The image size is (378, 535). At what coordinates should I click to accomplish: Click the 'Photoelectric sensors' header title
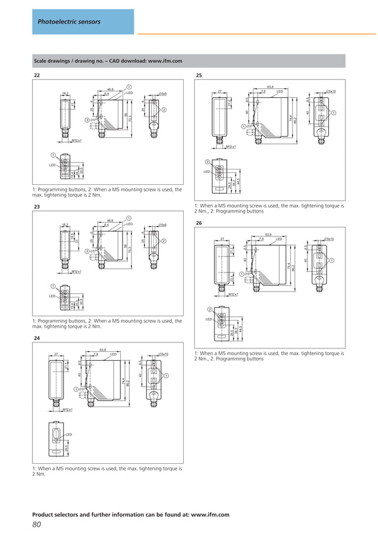69,22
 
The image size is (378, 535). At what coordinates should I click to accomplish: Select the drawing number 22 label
37,76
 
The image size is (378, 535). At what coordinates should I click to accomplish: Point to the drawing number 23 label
37,207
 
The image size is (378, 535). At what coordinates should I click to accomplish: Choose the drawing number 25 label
199,76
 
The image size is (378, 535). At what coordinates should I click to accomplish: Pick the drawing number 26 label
199,223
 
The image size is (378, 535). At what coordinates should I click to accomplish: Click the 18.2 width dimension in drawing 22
65,93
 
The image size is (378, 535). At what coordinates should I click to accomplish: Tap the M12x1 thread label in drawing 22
76,140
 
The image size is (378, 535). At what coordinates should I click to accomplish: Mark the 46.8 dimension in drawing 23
110,220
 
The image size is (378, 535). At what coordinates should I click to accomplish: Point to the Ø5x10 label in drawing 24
163,354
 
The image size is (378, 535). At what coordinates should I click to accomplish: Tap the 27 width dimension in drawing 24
56,354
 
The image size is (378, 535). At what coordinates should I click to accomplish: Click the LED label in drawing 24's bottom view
69,434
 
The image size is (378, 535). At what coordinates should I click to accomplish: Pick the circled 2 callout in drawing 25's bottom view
207,162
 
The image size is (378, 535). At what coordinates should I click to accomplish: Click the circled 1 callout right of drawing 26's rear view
332,261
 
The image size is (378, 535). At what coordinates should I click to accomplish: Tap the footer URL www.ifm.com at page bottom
209,515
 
